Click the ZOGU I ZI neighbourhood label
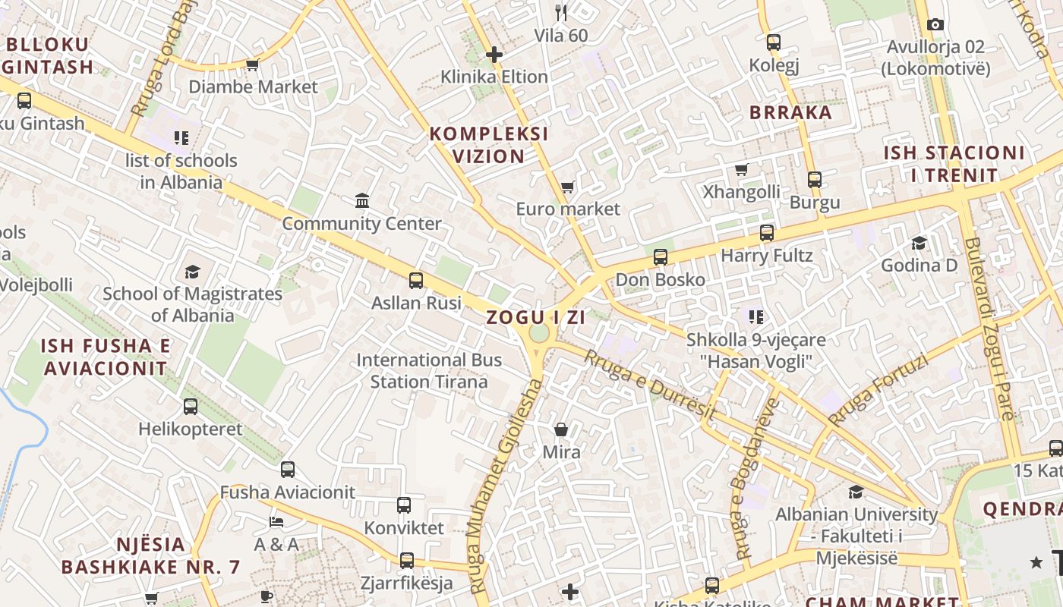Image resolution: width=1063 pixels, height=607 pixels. (535, 317)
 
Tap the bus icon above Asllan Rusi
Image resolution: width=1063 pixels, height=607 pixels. (416, 281)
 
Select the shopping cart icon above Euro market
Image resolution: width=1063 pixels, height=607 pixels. (567, 187)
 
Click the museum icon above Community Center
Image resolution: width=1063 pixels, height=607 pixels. (362, 201)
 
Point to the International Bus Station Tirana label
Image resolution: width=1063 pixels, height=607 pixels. (429, 370)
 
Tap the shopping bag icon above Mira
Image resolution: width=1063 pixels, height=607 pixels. (561, 430)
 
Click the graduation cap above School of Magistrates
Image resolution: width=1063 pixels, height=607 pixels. (192, 272)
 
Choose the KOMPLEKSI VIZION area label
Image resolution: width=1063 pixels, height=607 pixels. (488, 145)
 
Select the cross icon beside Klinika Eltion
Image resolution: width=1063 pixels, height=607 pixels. (494, 55)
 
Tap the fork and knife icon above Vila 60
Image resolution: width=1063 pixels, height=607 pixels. (561, 12)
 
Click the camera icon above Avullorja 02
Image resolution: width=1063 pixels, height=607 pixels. (935, 25)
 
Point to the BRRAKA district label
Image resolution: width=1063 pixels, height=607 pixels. (790, 113)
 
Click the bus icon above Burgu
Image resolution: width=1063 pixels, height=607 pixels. (815, 180)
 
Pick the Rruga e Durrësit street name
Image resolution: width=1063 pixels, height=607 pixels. (650, 385)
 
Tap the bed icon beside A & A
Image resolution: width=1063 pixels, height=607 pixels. (276, 522)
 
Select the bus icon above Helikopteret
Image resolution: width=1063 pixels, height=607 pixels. (191, 407)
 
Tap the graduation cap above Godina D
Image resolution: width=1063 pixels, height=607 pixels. (919, 243)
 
